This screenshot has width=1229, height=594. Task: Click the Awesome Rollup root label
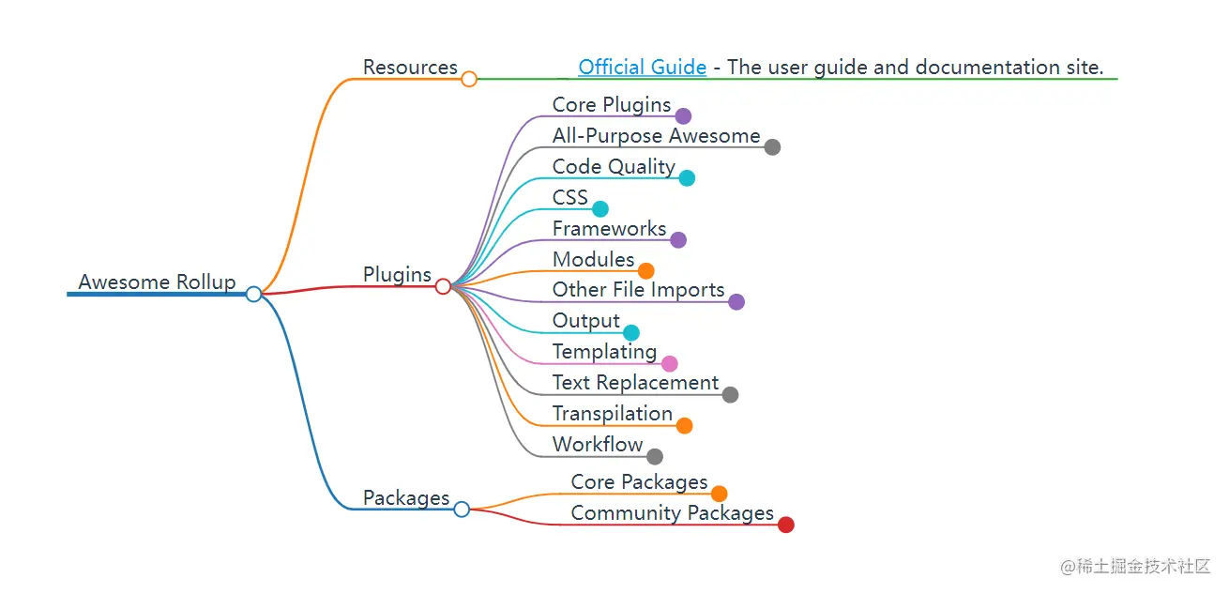click(x=157, y=282)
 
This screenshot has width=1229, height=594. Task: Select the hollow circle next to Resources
click(x=469, y=79)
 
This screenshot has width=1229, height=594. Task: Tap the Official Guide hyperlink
click(x=642, y=68)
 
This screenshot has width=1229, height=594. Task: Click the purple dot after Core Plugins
click(x=683, y=116)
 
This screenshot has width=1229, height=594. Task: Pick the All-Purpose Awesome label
click(x=656, y=136)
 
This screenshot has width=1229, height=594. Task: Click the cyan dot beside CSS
click(x=600, y=208)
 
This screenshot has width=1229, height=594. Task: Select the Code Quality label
click(x=614, y=167)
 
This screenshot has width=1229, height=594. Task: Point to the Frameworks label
click(x=609, y=229)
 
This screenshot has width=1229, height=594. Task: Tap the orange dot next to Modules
click(x=646, y=271)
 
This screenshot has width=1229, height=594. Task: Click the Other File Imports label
click(x=638, y=291)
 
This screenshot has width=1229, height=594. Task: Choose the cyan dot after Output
click(x=631, y=332)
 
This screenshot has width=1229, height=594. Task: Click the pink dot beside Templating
click(x=669, y=363)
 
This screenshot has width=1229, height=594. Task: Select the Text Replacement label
click(x=635, y=383)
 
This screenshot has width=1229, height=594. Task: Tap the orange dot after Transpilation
click(x=685, y=425)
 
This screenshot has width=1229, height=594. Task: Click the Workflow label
click(x=598, y=445)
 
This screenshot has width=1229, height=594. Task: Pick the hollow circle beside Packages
click(x=462, y=509)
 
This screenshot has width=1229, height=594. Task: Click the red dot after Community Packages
click(x=786, y=525)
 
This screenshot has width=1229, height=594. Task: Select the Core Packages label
click(x=639, y=482)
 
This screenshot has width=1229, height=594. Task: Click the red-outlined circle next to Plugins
click(x=443, y=286)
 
